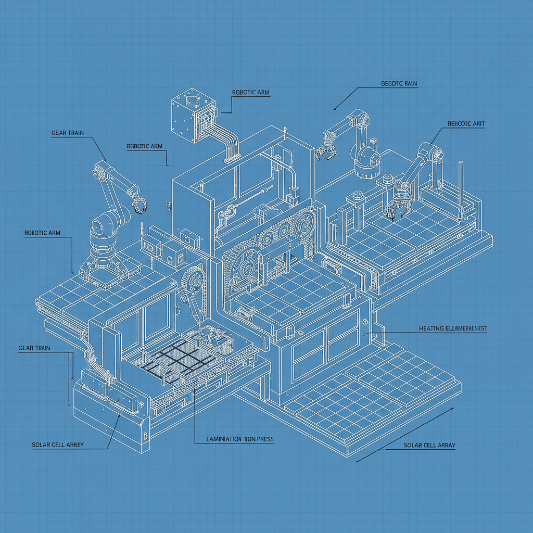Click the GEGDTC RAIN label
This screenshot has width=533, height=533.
399,83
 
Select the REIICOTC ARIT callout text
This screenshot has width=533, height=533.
466,124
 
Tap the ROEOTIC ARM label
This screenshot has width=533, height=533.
42,233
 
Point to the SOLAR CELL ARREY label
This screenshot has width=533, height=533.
58,445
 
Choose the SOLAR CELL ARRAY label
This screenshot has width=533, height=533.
429,446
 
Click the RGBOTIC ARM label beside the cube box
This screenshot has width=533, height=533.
250,93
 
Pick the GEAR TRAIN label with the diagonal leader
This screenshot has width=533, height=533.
67,133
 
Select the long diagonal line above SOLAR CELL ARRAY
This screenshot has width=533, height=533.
403,435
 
